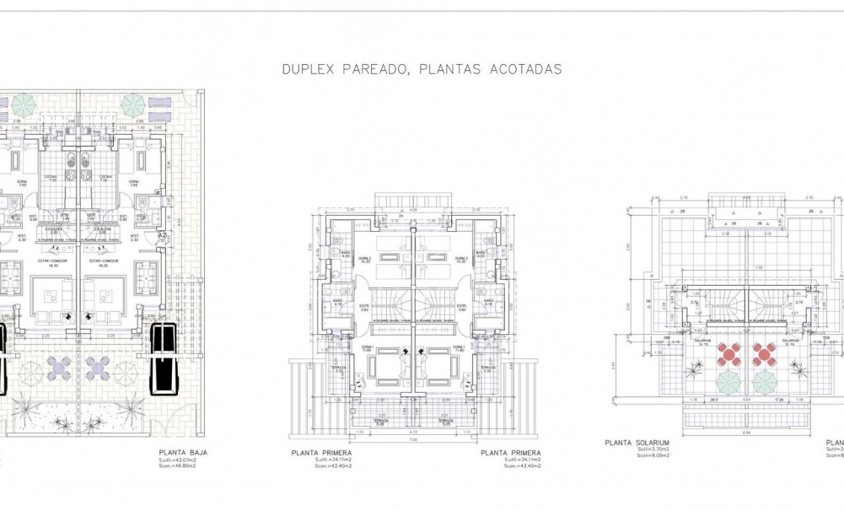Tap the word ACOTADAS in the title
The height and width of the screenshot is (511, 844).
pyautogui.click(x=525, y=70)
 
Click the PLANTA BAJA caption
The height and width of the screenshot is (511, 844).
pyautogui.click(x=182, y=453)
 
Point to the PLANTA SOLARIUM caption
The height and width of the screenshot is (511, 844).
pyautogui.click(x=637, y=441)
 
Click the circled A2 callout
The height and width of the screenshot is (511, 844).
pyautogui.click(x=164, y=237)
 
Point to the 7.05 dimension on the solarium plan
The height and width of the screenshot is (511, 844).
pyautogui.click(x=735, y=268)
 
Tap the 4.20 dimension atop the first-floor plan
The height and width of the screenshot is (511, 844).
pyautogui.click(x=413, y=209)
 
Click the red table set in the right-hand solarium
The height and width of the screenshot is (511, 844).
pyautogui.click(x=762, y=354)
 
